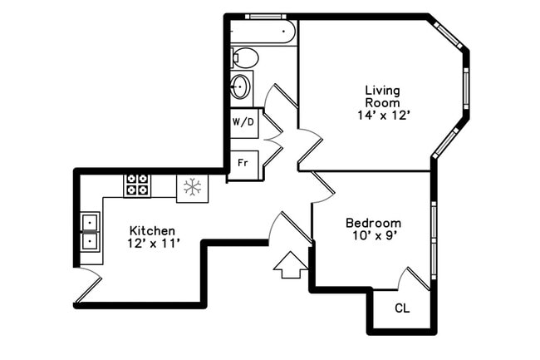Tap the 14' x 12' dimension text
[382, 116]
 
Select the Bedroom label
[373, 223]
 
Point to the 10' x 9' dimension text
[373, 237]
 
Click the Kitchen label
[152, 230]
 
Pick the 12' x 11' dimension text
[152, 244]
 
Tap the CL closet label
[402, 308]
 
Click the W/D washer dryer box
[243, 122]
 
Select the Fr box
[243, 162]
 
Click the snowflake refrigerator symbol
[193, 187]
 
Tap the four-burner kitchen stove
[136, 185]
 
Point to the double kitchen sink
[90, 232]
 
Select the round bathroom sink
[240, 86]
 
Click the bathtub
[263, 32]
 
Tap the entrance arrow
[290, 265]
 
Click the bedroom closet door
[414, 278]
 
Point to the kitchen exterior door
[87, 286]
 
